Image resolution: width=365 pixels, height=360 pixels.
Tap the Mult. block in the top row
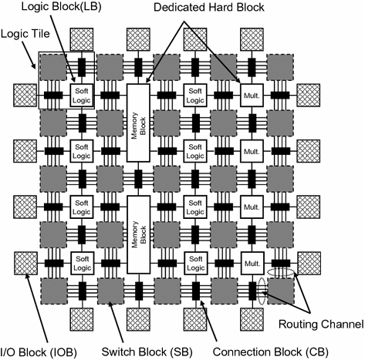tap(252, 95)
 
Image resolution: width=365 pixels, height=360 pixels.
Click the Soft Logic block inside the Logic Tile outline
tap(82, 95)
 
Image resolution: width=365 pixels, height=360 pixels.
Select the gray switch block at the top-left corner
tap(54, 67)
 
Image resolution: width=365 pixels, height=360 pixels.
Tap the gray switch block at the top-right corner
tap(280, 67)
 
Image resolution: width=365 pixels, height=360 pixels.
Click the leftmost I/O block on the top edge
tap(82, 39)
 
